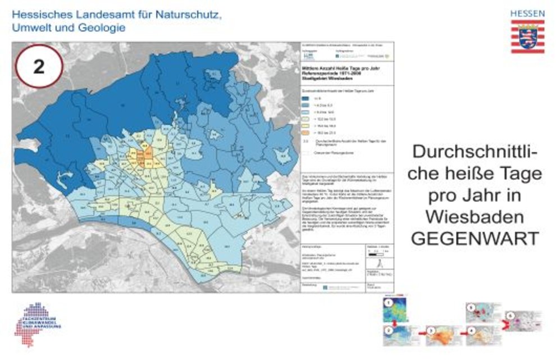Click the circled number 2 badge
(39, 66)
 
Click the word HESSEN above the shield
(527, 13)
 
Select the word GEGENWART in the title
(475, 238)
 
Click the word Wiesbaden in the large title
(475, 216)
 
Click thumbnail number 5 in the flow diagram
(481, 310)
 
